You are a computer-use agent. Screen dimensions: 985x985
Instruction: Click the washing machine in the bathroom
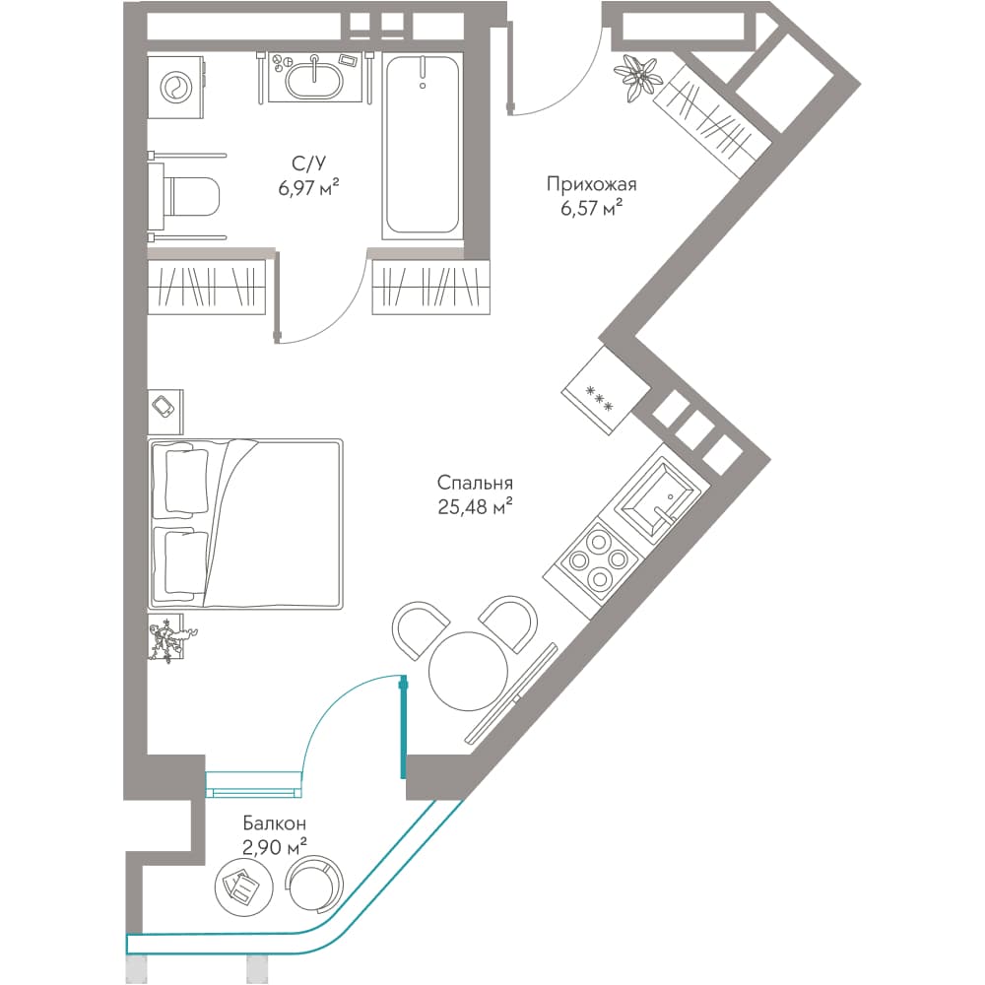pos(177,86)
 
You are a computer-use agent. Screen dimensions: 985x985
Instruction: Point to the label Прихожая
pos(591,184)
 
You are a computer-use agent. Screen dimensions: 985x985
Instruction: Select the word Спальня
pos(475,483)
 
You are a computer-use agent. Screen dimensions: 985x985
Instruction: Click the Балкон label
pos(275,822)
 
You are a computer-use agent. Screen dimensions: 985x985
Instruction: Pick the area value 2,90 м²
pos(275,847)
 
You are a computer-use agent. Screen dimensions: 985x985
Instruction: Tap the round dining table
pos(468,670)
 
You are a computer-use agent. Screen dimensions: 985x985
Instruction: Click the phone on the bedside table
pos(164,406)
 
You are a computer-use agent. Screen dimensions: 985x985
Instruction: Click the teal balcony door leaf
pos(403,726)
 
